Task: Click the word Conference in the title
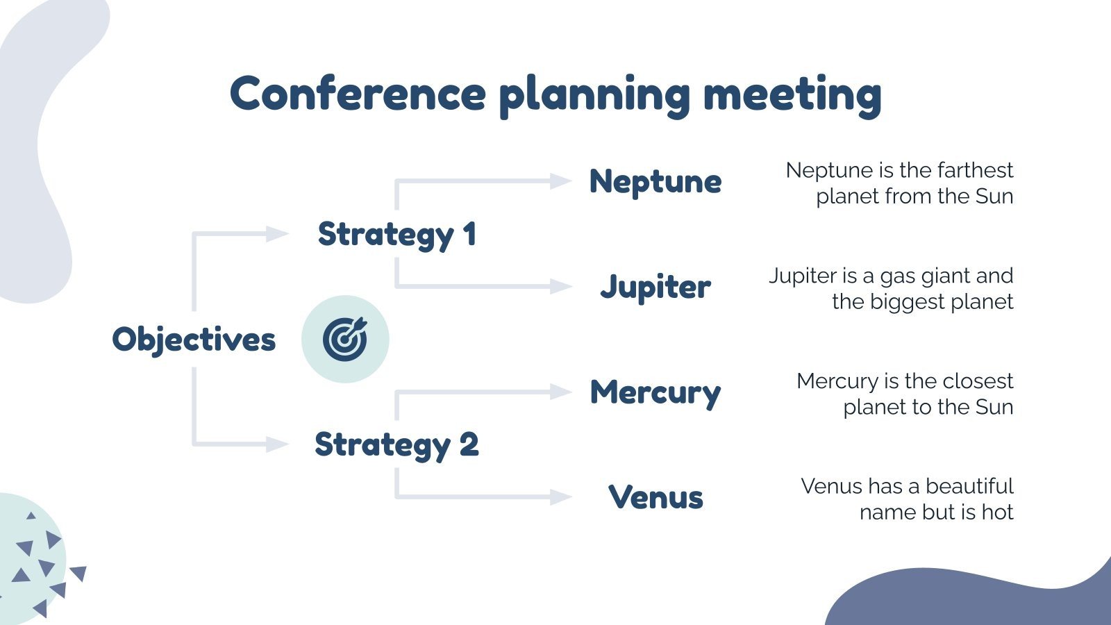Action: tap(358, 94)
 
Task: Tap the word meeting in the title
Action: tap(792, 95)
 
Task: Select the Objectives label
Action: tap(194, 340)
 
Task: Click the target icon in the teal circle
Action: tap(345, 339)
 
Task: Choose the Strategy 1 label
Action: tap(396, 235)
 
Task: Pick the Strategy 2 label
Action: tap(396, 445)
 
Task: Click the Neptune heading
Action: tap(655, 182)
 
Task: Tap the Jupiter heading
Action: tap(655, 287)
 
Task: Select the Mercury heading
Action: tap(655, 392)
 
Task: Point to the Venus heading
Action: tap(655, 497)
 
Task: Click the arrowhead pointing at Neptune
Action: tap(560, 181)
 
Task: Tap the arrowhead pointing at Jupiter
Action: tap(560, 286)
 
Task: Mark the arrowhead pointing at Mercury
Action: tap(560, 392)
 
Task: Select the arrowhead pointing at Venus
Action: tap(560, 497)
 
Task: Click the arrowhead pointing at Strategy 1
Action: tap(277, 234)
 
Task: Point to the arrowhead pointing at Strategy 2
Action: tap(277, 444)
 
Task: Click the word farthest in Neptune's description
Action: tap(975, 170)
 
